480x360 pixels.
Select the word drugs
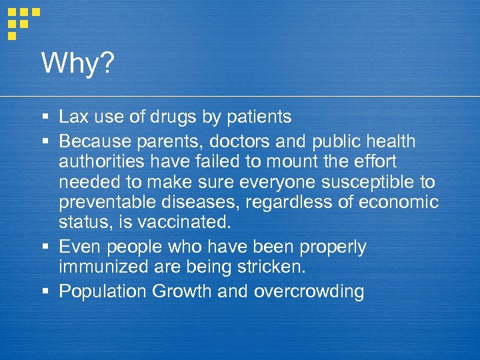173,118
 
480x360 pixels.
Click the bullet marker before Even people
45,247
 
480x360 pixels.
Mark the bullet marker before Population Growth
45,291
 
